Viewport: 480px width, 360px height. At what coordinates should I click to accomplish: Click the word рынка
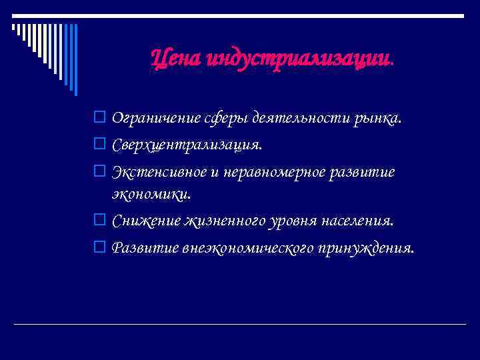click(x=379, y=119)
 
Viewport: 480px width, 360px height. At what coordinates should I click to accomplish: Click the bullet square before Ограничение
click(x=99, y=119)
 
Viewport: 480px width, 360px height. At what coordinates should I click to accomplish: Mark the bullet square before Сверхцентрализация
click(x=99, y=145)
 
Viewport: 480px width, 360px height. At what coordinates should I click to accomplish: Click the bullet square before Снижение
click(x=99, y=220)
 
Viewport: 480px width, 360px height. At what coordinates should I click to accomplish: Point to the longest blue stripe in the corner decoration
click(x=75, y=60)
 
